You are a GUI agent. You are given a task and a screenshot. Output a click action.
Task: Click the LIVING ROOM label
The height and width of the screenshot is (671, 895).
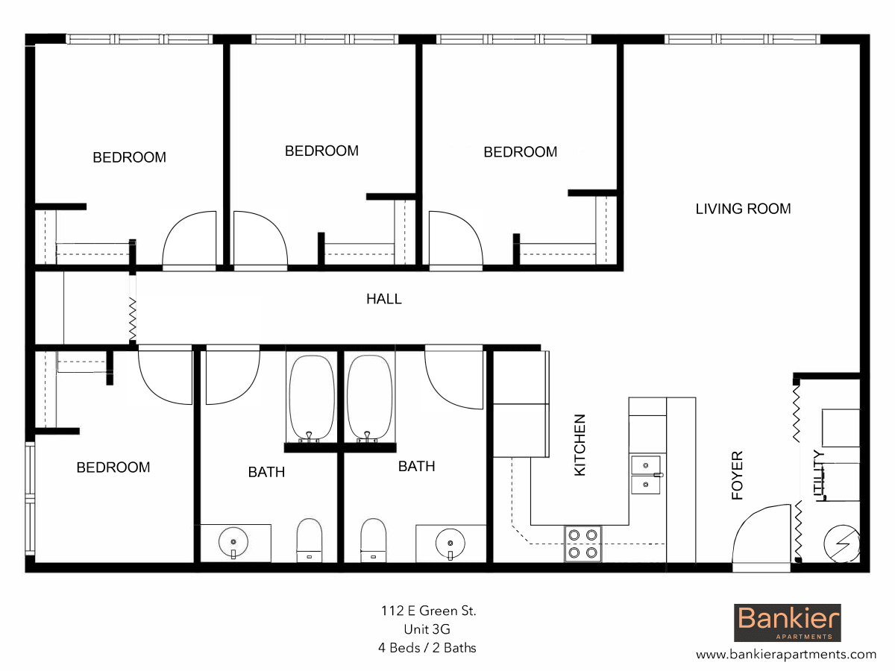(743, 209)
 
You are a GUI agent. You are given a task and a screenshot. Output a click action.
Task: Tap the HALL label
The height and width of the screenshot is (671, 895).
(383, 299)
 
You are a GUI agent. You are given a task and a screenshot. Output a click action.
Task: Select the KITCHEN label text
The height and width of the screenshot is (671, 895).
(580, 445)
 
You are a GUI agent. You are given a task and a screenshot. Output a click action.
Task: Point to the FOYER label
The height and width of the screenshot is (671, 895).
(737, 475)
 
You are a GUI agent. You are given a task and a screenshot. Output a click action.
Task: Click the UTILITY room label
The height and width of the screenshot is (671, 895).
(818, 476)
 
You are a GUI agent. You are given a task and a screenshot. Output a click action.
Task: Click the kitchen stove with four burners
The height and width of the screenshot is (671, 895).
(582, 544)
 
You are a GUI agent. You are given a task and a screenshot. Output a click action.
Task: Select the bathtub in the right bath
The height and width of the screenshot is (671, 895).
(369, 397)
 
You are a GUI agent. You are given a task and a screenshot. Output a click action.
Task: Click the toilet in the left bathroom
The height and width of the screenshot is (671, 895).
(310, 540)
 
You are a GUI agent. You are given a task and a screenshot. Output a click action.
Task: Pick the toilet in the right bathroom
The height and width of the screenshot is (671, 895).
(372, 540)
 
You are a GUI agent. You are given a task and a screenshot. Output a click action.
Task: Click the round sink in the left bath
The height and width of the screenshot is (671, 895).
(233, 542)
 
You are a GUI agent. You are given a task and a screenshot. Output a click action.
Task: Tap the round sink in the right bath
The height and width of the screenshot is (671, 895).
(450, 542)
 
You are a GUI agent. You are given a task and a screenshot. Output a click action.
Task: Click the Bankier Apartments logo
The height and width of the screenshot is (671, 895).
(788, 623)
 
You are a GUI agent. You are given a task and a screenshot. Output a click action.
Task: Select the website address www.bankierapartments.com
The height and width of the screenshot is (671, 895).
(786, 655)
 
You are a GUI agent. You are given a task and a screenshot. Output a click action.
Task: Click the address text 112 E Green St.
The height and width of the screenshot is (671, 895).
(427, 611)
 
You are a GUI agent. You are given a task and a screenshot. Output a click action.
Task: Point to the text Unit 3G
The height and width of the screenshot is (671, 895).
(427, 629)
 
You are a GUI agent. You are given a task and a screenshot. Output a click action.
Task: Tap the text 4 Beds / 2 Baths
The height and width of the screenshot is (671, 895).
(427, 647)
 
